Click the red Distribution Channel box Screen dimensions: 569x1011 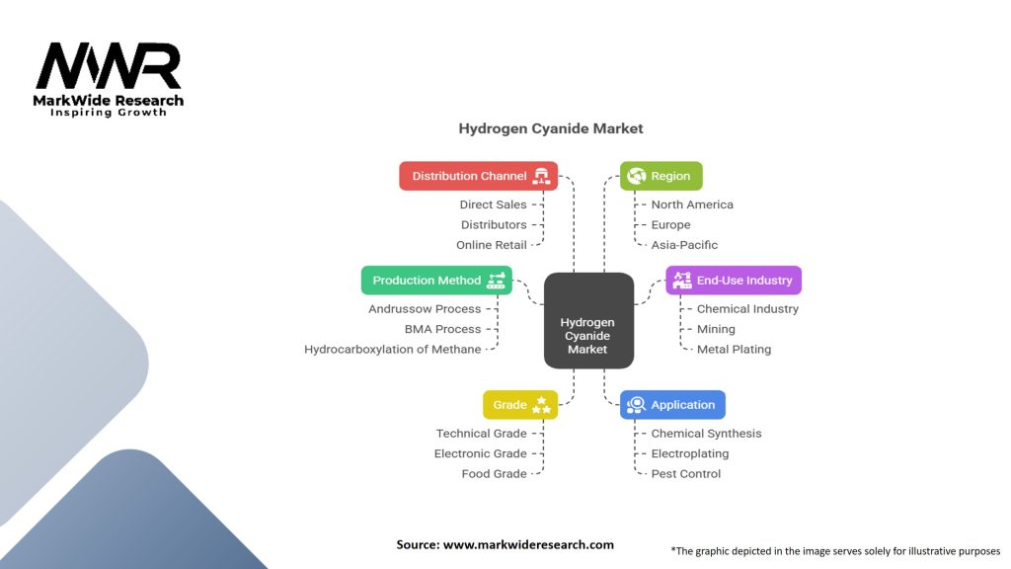point(478,176)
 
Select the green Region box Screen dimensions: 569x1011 point(661,176)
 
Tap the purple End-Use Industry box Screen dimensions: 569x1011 point(733,281)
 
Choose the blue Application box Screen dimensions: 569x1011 point(672,405)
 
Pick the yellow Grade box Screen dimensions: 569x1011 point(519,405)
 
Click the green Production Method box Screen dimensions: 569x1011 point(436,281)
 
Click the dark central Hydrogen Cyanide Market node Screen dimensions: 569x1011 point(588,335)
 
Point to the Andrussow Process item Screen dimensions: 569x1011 point(425,309)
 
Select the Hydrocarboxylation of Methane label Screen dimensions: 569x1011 point(393,349)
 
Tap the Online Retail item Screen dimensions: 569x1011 point(491,245)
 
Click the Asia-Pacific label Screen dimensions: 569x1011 point(684,245)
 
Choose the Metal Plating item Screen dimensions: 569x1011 point(734,349)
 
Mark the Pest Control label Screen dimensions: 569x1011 point(685,474)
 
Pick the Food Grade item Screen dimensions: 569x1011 point(494,474)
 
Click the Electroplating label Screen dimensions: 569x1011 point(689,453)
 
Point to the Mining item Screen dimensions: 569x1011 point(716,329)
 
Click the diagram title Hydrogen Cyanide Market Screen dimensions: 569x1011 point(550,128)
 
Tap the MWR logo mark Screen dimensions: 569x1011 point(109,66)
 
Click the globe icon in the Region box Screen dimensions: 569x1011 point(636,176)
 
